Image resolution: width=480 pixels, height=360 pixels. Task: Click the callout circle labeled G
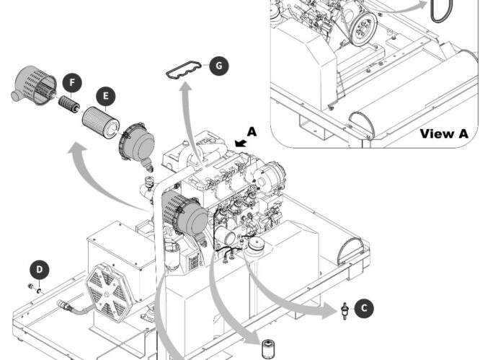click(x=218, y=66)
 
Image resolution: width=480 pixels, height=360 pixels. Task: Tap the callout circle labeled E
click(x=106, y=95)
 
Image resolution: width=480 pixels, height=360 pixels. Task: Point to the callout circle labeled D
click(x=40, y=270)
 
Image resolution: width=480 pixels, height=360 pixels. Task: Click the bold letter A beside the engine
click(x=252, y=131)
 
